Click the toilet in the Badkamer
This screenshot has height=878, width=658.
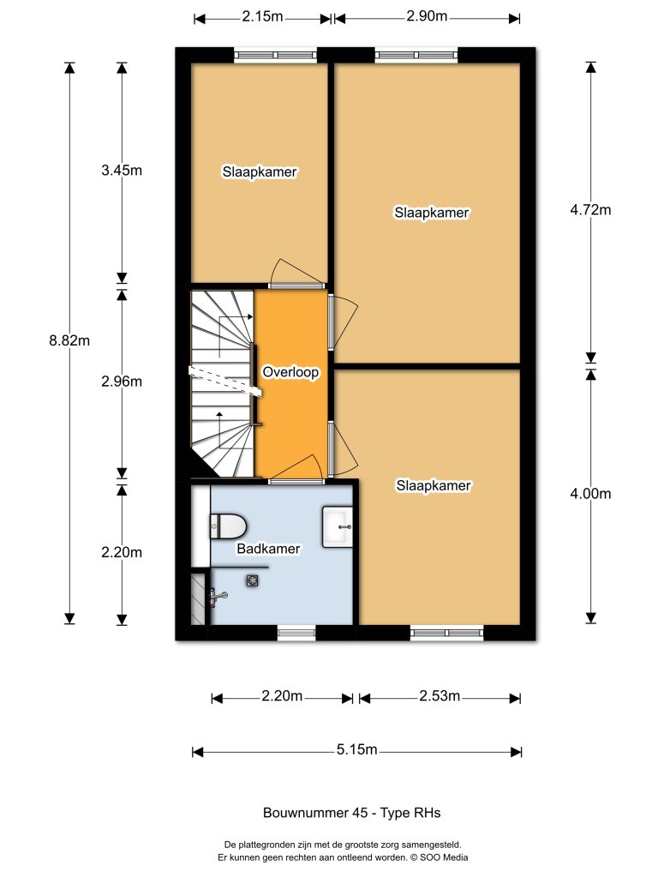[x=228, y=525]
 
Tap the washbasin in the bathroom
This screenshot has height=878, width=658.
[x=338, y=526]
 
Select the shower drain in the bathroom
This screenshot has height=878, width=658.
[x=253, y=581]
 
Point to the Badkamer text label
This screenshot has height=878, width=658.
[x=269, y=549]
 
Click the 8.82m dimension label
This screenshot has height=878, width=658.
[x=69, y=340]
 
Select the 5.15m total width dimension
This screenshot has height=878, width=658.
[x=356, y=750]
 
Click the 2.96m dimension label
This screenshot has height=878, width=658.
[x=121, y=382]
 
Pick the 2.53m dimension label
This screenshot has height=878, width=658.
[x=440, y=696]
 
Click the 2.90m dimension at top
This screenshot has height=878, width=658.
[x=427, y=17]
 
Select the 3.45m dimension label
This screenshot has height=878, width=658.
[x=121, y=170]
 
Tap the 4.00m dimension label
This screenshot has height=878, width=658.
[x=590, y=493]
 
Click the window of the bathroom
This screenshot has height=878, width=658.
[x=296, y=634]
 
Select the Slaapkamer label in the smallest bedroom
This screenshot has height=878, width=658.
[x=260, y=171]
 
